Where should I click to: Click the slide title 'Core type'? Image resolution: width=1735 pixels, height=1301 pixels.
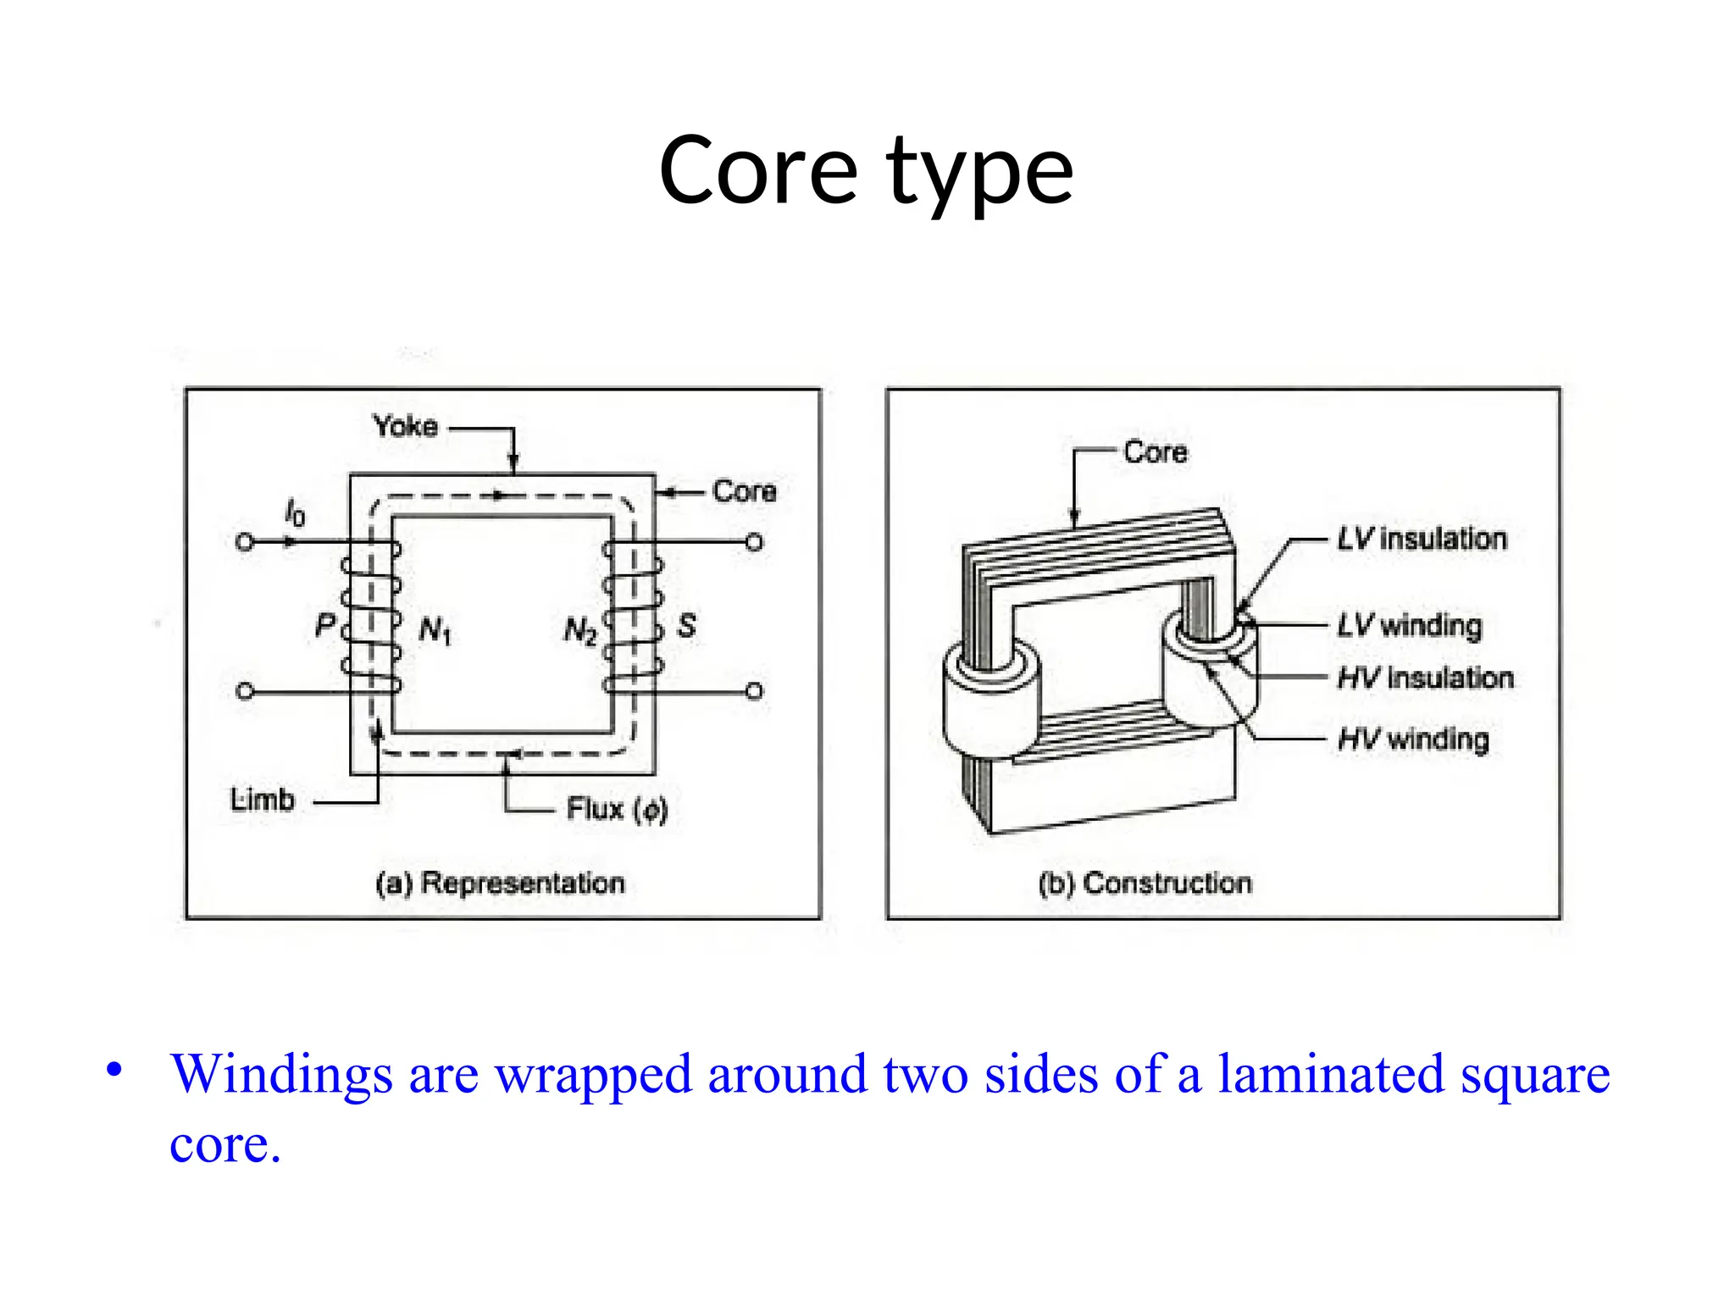click(866, 172)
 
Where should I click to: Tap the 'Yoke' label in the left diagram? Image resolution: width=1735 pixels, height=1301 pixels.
click(405, 426)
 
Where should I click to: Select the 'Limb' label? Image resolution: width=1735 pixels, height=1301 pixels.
click(262, 800)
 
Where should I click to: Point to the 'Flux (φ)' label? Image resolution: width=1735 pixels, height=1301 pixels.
click(617, 810)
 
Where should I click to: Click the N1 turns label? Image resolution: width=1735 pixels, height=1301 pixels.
click(435, 630)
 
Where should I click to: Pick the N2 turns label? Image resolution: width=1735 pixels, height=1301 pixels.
click(580, 631)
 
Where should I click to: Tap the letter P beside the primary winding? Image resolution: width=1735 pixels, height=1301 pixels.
click(324, 626)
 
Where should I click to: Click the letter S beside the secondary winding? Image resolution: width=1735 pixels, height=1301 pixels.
click(686, 626)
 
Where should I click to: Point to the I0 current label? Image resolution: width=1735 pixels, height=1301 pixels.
click(294, 513)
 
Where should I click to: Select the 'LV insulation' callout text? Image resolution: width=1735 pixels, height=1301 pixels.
click(1422, 539)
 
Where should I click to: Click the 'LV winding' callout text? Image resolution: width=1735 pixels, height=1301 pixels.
click(1410, 625)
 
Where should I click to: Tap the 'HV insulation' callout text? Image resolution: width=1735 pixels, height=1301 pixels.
click(1425, 678)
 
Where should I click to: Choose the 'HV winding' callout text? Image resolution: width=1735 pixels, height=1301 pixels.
click(1413, 739)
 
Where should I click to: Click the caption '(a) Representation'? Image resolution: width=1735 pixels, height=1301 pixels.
click(500, 883)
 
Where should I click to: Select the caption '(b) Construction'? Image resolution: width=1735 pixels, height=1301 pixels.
click(1145, 883)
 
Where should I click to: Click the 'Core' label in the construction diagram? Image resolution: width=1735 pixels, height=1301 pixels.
click(1155, 452)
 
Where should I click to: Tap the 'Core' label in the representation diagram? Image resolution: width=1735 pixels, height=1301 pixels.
click(744, 491)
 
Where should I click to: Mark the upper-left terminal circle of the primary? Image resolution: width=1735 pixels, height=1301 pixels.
click(245, 542)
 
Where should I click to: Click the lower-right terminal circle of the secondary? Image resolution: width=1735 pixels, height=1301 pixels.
click(754, 691)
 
